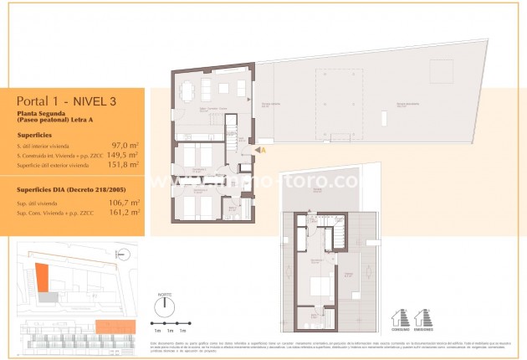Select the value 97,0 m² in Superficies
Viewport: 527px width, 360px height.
click(125, 145)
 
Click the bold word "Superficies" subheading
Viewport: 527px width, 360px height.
click(33, 133)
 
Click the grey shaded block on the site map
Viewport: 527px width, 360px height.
click(52, 296)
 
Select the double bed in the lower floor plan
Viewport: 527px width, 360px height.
click(320, 287)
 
